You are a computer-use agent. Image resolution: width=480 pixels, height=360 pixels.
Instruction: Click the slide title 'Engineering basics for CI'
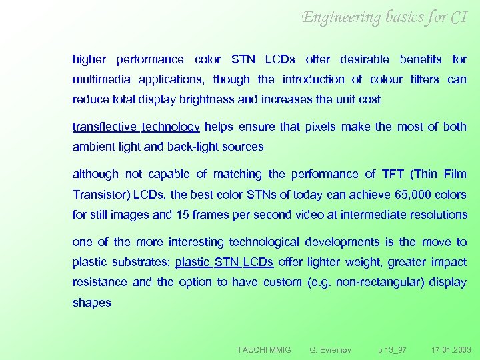point(385,17)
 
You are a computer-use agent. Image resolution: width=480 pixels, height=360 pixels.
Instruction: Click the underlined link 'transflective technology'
point(136,127)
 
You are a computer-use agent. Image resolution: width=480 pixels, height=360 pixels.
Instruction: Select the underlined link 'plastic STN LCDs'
point(224,262)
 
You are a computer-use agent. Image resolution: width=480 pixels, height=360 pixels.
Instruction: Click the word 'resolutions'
point(437,215)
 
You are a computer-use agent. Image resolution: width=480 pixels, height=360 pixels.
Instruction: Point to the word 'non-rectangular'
point(379,282)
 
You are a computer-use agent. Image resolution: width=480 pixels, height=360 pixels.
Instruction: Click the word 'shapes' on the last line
point(91,303)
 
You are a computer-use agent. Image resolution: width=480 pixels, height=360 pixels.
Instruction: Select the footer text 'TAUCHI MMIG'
point(264,349)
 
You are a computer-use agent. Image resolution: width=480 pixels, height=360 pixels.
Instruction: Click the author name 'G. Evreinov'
point(331,349)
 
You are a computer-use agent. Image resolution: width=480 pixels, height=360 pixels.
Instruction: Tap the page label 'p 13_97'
point(392,349)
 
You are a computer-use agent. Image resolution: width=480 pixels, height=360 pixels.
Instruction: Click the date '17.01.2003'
point(451,349)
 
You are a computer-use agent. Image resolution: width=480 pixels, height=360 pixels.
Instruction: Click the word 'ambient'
point(93,147)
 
